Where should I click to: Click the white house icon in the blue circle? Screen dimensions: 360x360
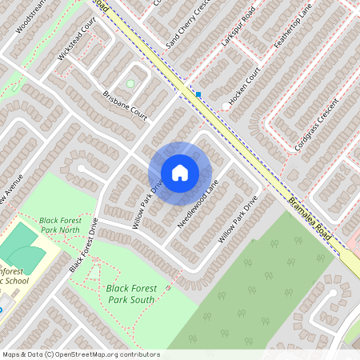coord(180,172)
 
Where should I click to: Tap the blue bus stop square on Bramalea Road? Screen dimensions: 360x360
coord(198,94)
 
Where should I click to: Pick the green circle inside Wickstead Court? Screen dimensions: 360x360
coord(130,83)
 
